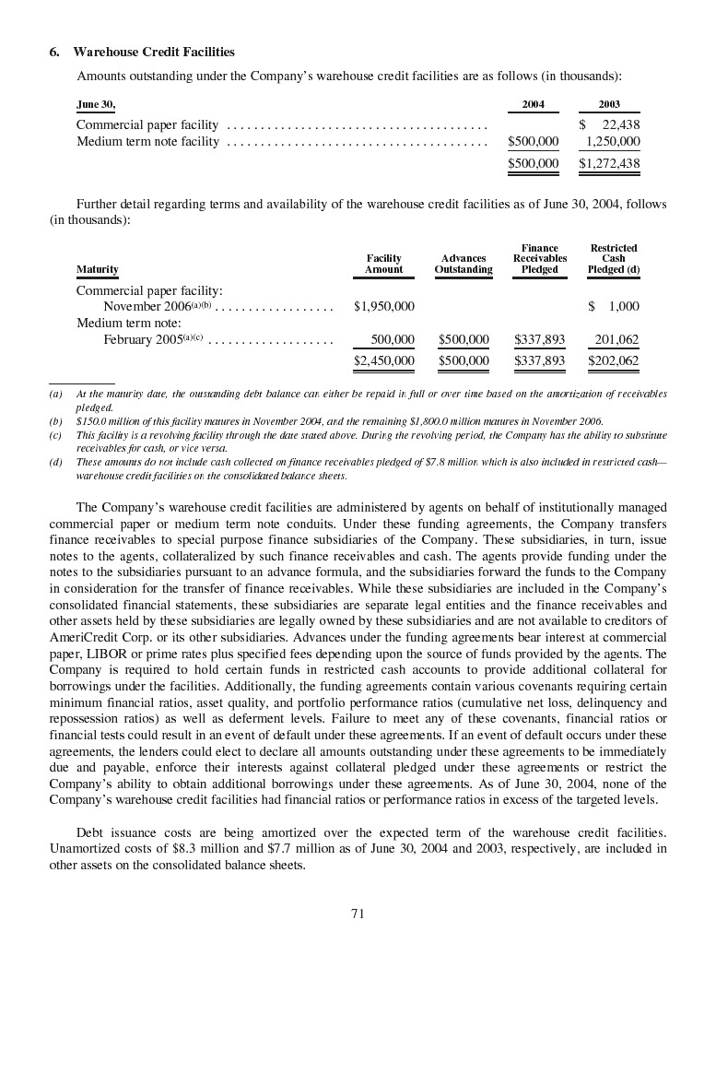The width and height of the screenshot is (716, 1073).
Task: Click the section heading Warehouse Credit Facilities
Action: pyautogui.click(x=154, y=52)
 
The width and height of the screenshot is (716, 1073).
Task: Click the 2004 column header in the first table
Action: pyautogui.click(x=533, y=104)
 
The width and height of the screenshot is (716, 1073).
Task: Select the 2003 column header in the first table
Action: pyautogui.click(x=609, y=104)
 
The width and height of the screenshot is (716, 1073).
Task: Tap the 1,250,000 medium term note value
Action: pyautogui.click(x=613, y=141)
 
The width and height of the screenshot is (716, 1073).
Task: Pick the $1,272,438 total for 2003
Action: pyautogui.click(x=609, y=163)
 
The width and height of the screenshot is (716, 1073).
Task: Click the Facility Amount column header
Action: pyautogui.click(x=383, y=265)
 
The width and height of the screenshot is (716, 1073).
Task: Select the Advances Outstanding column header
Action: pyautogui.click(x=464, y=265)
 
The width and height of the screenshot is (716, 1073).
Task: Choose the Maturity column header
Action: pyautogui.click(x=97, y=269)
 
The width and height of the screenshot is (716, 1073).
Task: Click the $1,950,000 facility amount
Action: pyautogui.click(x=383, y=306)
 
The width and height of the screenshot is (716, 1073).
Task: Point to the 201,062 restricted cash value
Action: pyautogui.click(x=616, y=339)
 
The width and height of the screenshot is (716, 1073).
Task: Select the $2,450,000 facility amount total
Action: pyautogui.click(x=383, y=360)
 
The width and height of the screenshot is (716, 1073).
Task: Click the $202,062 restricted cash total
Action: pyautogui.click(x=613, y=360)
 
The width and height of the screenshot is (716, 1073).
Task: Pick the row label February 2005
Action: pyautogui.click(x=143, y=339)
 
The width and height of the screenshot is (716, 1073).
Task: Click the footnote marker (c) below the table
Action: pyautogui.click(x=55, y=433)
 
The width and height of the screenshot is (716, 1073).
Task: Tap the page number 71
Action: pyautogui.click(x=358, y=914)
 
